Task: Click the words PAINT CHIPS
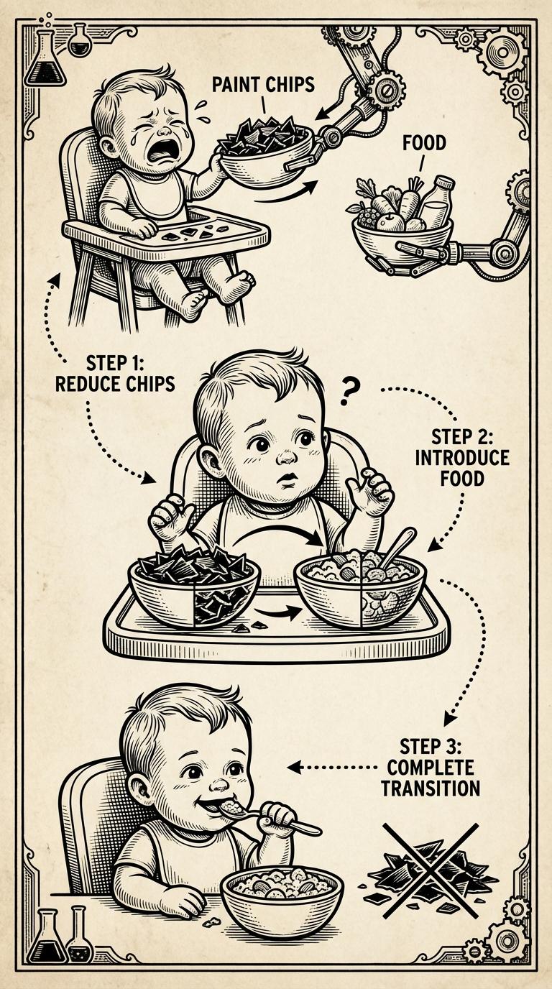(263, 84)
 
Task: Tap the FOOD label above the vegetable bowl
(424, 144)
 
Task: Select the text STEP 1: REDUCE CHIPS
(115, 374)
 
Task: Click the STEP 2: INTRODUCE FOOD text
(462, 458)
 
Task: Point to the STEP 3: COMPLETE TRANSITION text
(431, 768)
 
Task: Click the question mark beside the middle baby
(348, 393)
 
